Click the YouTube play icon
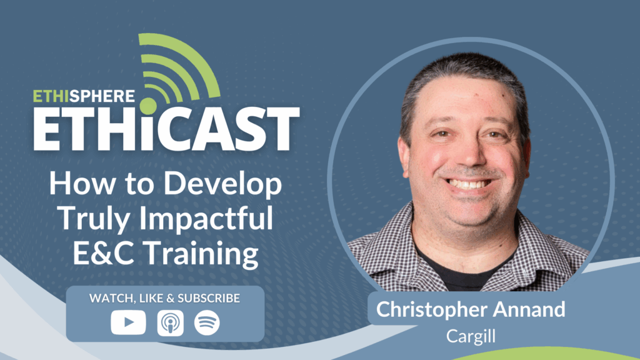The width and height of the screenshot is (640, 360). tap(128, 322)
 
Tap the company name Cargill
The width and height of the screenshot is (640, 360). tap(471, 336)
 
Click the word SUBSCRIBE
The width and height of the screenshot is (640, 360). tap(207, 298)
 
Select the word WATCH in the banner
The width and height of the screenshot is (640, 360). tap(109, 298)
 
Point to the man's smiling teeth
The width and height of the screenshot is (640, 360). tap(469, 184)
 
